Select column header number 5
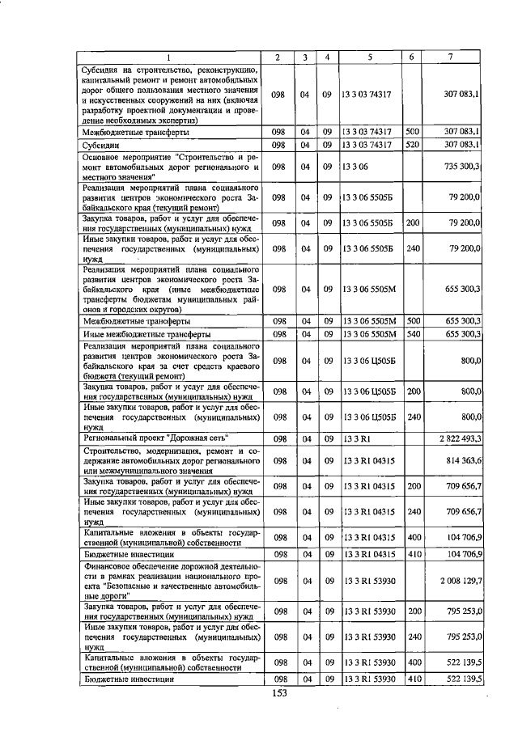(x=369, y=57)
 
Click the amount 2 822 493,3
(x=459, y=438)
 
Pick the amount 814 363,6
(x=461, y=460)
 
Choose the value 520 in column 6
(x=412, y=145)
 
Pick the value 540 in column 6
(x=412, y=333)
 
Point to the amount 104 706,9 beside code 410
(x=462, y=556)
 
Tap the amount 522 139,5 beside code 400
(x=462, y=662)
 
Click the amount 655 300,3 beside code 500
(x=462, y=320)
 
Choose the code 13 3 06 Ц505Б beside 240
(x=369, y=417)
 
